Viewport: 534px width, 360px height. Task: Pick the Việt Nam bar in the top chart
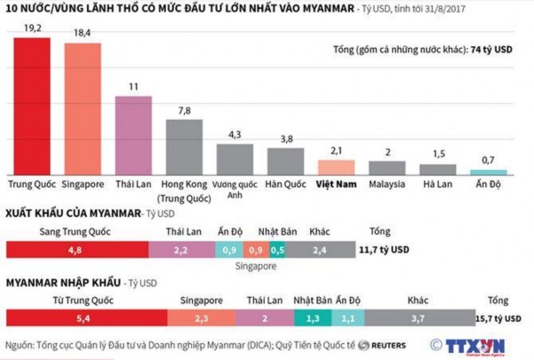coord(337,166)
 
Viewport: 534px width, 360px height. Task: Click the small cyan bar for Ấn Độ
coord(489,171)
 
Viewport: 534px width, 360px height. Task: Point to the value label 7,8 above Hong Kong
coord(184,109)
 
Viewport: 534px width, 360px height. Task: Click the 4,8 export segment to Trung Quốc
coord(76,251)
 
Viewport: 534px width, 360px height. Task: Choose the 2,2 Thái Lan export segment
coord(179,251)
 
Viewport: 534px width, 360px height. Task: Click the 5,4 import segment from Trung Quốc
coord(84,317)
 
